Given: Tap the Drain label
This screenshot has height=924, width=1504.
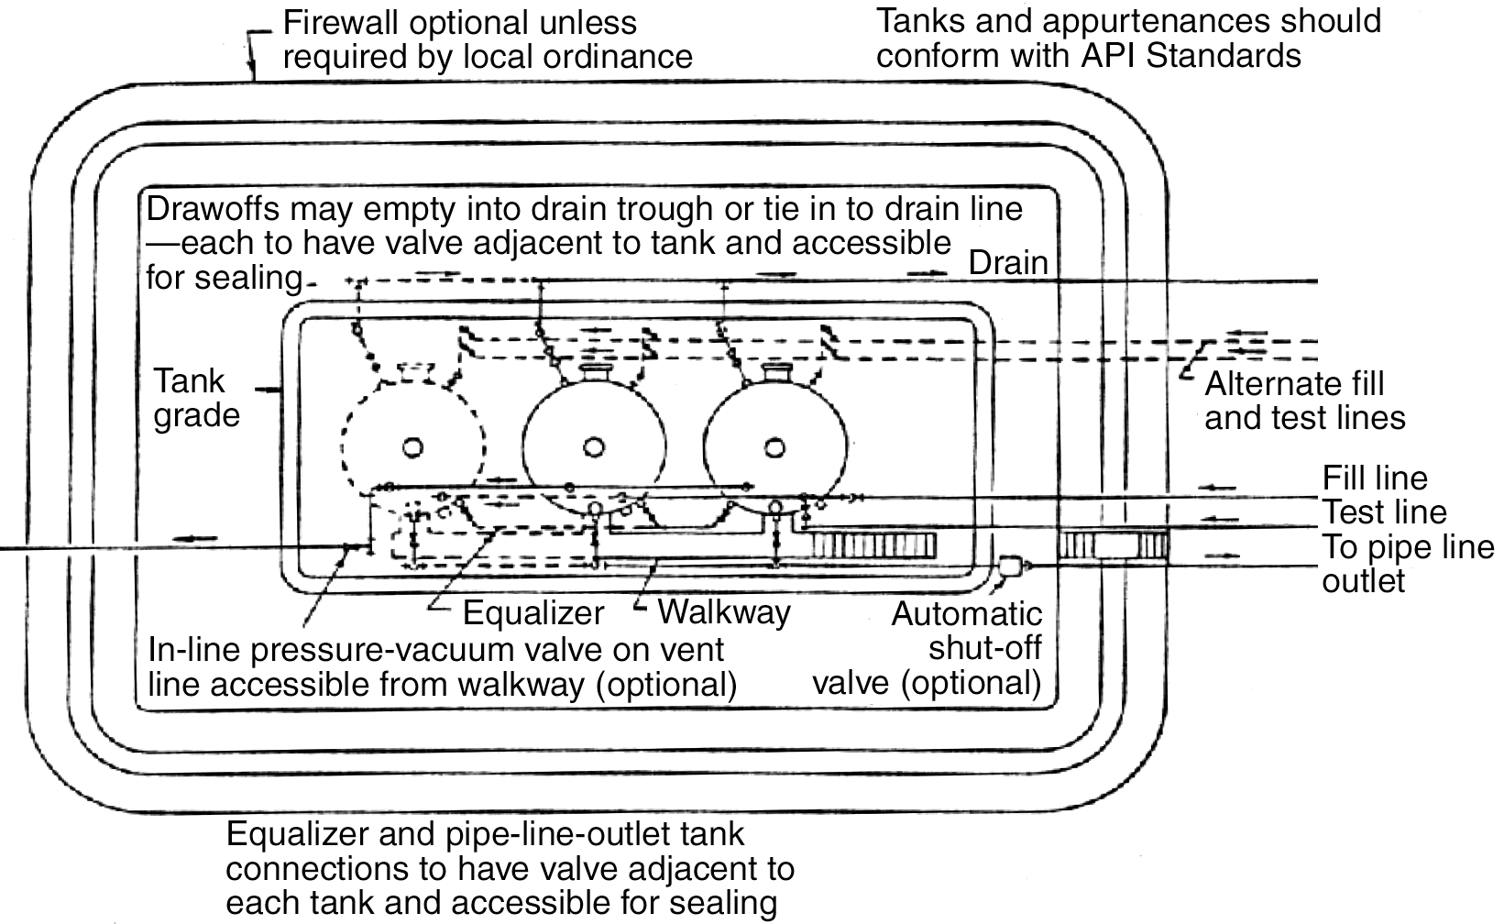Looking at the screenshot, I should click(1008, 264).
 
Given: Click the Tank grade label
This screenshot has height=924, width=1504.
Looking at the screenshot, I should click(195, 398).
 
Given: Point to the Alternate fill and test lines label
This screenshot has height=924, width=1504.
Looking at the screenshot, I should click(1304, 401).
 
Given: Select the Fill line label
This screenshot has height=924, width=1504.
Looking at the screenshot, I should click(1374, 478).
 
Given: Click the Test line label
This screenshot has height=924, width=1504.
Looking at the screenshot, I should click(1384, 511).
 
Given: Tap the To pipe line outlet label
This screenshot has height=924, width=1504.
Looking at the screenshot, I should click(1407, 564).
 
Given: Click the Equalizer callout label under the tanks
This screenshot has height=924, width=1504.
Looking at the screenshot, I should click(533, 612).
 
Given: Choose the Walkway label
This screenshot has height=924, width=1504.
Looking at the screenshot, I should click(724, 611).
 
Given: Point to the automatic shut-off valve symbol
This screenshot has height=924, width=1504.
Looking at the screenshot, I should click(1012, 567).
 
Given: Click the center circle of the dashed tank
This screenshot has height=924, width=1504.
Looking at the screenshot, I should click(413, 446).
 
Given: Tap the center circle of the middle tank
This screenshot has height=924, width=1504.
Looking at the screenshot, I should click(594, 446).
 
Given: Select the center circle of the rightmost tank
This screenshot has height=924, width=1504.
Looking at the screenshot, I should click(775, 446).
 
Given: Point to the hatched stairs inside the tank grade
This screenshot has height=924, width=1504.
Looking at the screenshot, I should click(873, 547).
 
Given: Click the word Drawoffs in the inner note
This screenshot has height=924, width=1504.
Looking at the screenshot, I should click(211, 209).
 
